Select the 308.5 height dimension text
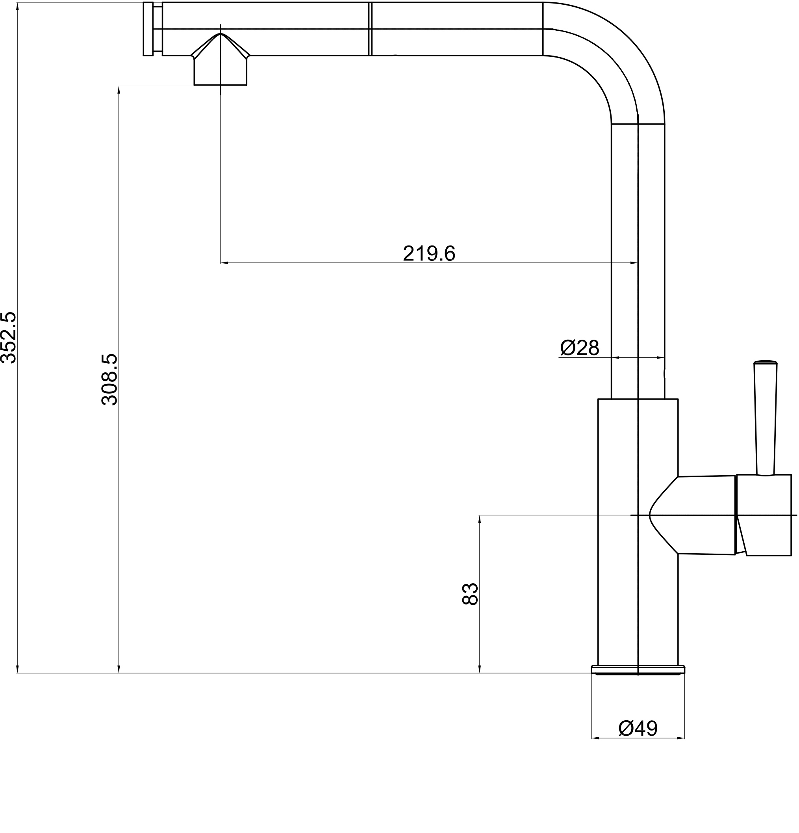pyautogui.click(x=109, y=379)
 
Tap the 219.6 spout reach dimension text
pyautogui.click(x=429, y=254)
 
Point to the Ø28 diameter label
pyautogui.click(x=579, y=348)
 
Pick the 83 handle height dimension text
pyautogui.click(x=470, y=594)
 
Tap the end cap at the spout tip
pyautogui.click(x=148, y=29)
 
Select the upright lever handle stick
pyautogui.click(x=766, y=418)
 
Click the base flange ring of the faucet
pyautogui.click(x=638, y=670)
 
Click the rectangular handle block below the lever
pyautogui.click(x=765, y=515)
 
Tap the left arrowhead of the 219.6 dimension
pyautogui.click(x=225, y=263)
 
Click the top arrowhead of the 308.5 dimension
pyautogui.click(x=119, y=90)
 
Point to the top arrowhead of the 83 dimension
pyautogui.click(x=480, y=519)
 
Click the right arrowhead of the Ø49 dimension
pyautogui.click(x=680, y=738)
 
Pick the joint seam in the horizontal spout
pyautogui.click(x=371, y=29)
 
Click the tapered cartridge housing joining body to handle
pyautogui.click(x=697, y=515)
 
